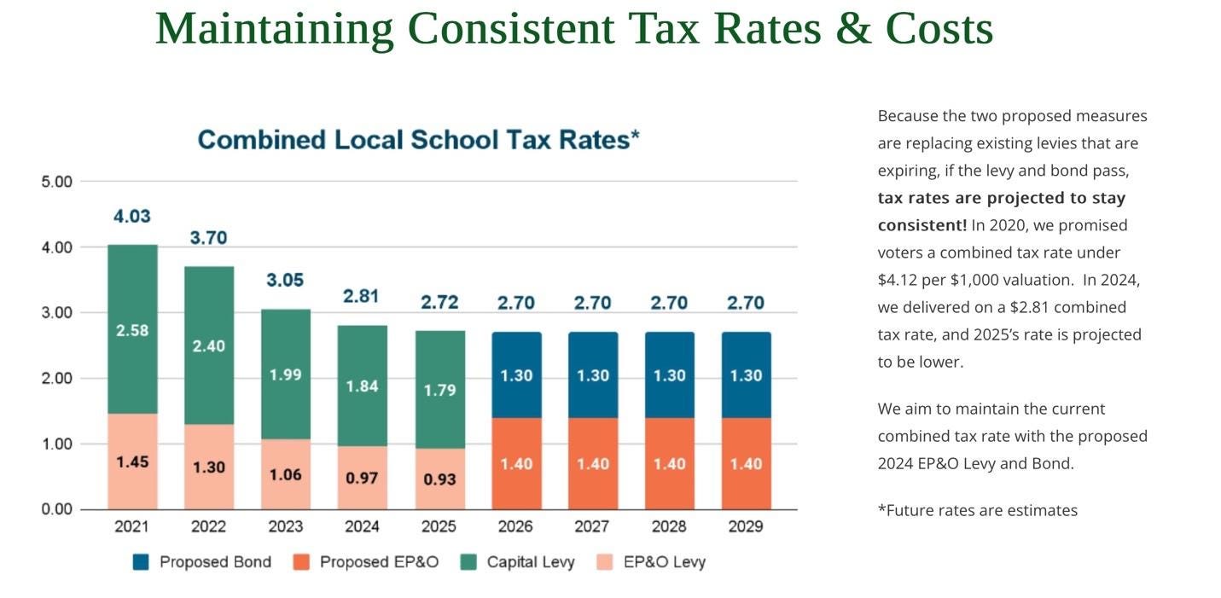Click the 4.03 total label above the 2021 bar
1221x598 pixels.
click(x=131, y=217)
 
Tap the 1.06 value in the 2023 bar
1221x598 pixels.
click(x=285, y=475)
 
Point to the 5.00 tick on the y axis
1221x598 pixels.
click(x=57, y=182)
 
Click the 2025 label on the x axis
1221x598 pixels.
click(x=439, y=526)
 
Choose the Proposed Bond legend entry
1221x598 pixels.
click(x=202, y=562)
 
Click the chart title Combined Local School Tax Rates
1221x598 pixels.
click(x=418, y=140)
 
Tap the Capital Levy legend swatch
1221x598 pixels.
click(x=468, y=562)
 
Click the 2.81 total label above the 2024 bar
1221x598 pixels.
click(x=361, y=296)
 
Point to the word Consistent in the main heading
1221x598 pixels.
click(x=511, y=29)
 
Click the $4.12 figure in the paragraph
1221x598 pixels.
click(x=904, y=280)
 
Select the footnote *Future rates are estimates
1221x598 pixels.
click(x=977, y=511)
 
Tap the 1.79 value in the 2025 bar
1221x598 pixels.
click(x=439, y=391)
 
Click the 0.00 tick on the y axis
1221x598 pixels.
click(x=57, y=509)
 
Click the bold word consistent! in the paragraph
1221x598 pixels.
click(x=922, y=225)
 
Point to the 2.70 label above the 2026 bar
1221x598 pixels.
click(x=515, y=303)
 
